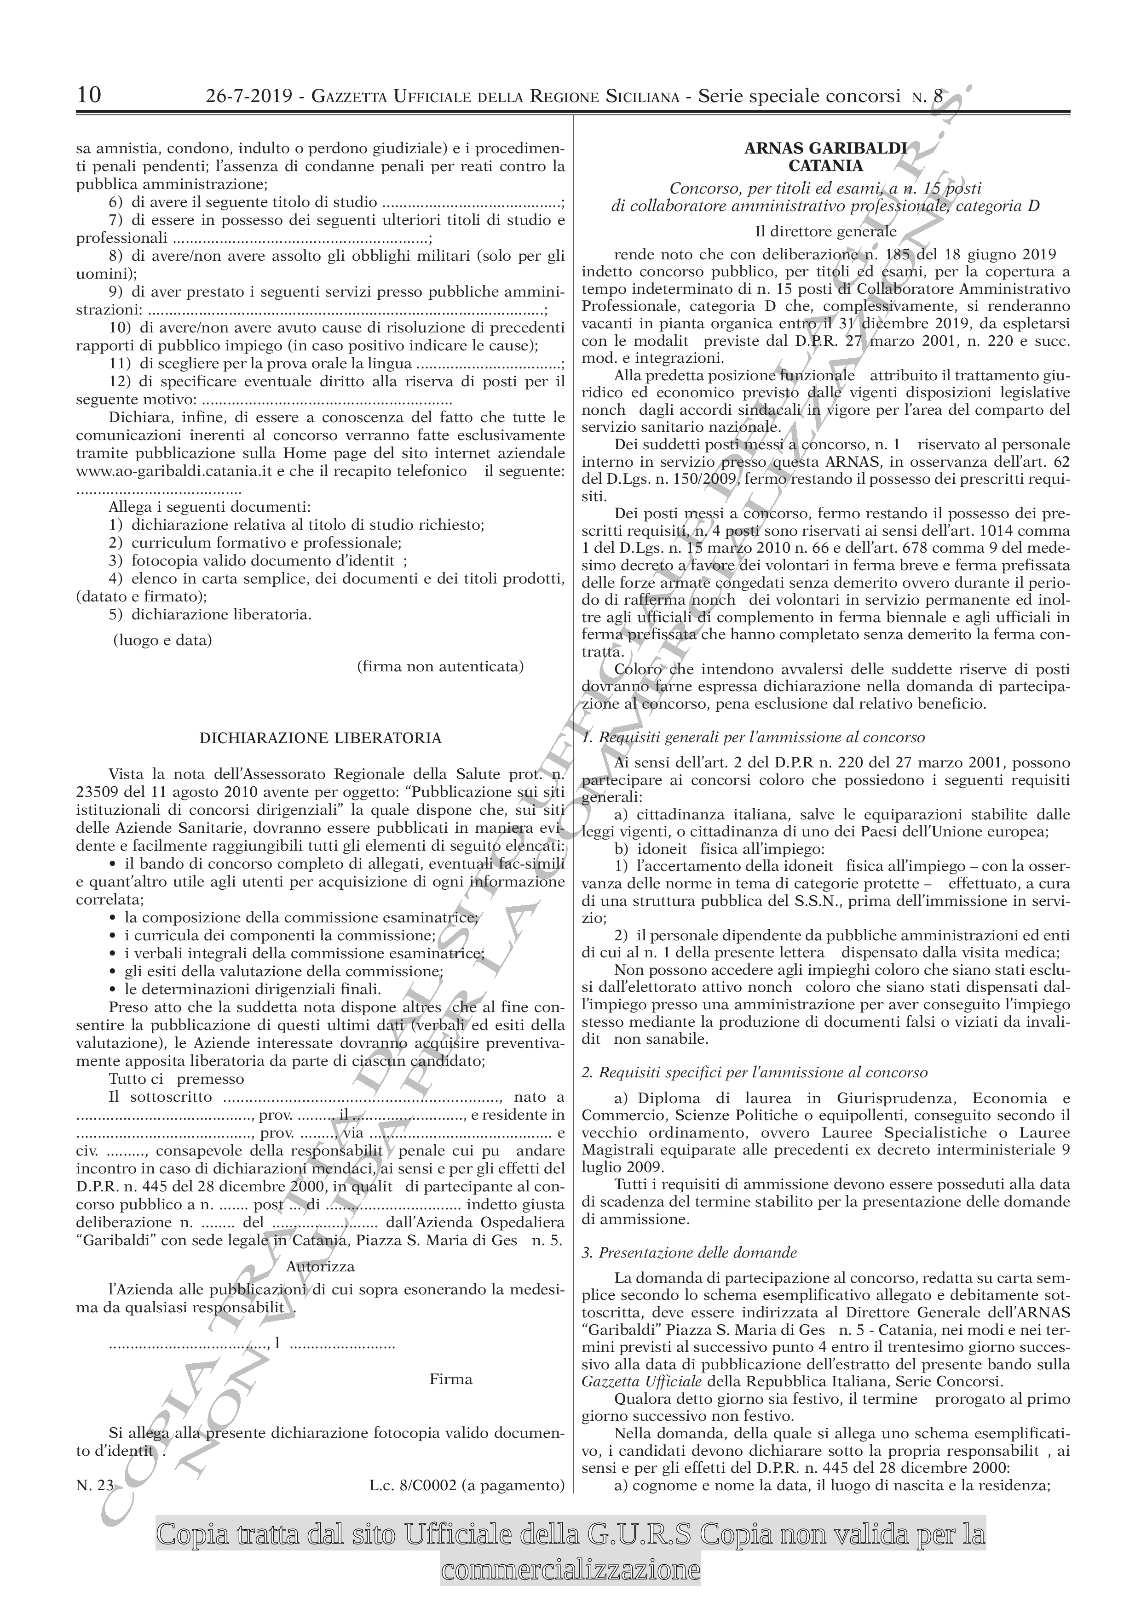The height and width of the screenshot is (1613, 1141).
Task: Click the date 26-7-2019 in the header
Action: coord(249,96)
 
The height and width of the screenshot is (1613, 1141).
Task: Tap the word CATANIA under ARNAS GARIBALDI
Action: coord(825,166)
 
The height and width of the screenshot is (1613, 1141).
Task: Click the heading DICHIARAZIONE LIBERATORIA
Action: coord(321,738)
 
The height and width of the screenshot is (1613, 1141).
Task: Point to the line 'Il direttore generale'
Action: coord(825,232)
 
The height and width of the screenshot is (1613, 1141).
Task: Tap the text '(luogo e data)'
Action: coord(162,641)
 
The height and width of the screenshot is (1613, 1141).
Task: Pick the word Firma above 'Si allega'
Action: coord(450,1413)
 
